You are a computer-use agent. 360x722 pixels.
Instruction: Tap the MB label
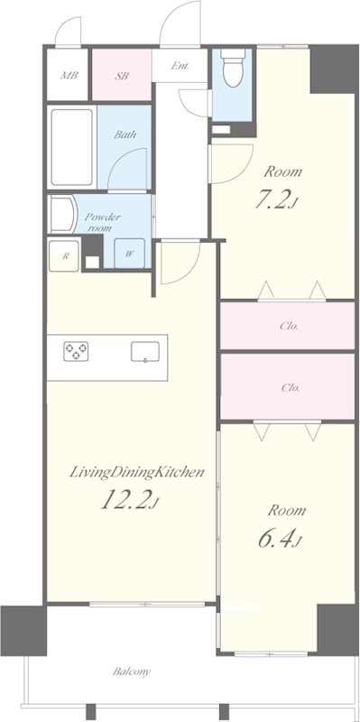click(x=69, y=76)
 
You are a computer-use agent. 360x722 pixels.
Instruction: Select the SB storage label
click(x=122, y=76)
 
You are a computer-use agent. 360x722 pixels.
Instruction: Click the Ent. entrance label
click(x=180, y=66)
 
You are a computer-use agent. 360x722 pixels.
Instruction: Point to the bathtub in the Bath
click(x=72, y=147)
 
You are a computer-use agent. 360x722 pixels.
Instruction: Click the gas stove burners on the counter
click(x=76, y=352)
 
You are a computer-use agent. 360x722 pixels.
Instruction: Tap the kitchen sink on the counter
click(x=145, y=352)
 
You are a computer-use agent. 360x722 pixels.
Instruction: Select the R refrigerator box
click(x=64, y=255)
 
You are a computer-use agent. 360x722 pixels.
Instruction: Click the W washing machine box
click(x=129, y=254)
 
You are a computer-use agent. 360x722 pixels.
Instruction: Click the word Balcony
click(x=132, y=671)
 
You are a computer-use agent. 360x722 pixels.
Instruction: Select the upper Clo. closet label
click(x=289, y=327)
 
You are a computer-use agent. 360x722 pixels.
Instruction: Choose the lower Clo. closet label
click(x=291, y=388)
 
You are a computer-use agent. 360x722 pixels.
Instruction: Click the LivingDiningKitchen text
click(x=137, y=472)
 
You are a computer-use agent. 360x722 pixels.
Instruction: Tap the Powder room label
click(x=102, y=222)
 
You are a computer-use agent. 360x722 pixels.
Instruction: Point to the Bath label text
click(x=125, y=134)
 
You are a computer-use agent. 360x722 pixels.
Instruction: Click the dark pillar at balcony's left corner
click(x=23, y=630)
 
